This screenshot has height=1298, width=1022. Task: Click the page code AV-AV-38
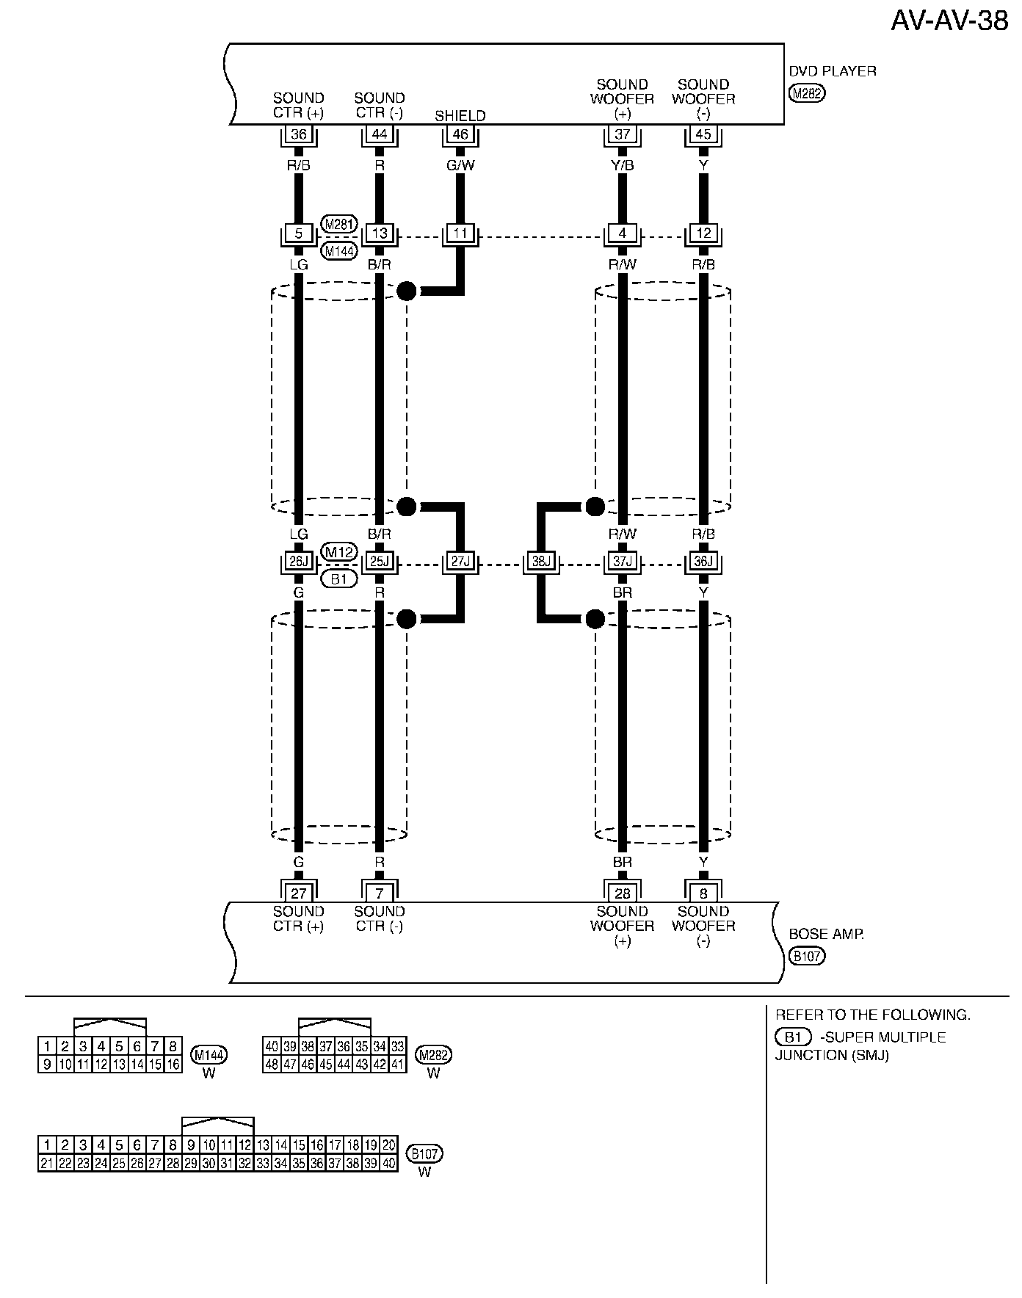[949, 21]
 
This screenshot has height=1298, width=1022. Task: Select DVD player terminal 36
[298, 134]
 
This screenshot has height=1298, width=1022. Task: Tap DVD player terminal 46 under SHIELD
[460, 134]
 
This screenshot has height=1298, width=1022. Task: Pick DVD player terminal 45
[703, 134]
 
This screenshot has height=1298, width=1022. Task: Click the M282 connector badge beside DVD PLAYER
[807, 93]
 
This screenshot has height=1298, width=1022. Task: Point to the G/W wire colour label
[460, 165]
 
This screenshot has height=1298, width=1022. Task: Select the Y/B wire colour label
[622, 165]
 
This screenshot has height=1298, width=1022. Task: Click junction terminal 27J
[460, 562]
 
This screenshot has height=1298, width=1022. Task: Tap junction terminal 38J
[541, 562]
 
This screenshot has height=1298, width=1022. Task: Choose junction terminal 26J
[298, 562]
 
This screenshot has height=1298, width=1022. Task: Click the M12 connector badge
[339, 551]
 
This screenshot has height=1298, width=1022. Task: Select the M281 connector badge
[339, 224]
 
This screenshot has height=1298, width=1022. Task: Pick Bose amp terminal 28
[622, 893]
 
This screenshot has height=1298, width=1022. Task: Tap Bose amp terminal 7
[379, 893]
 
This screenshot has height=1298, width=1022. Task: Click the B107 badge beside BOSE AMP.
[807, 956]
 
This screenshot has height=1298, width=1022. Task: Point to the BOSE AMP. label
[826, 935]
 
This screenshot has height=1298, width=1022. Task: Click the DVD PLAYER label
[833, 71]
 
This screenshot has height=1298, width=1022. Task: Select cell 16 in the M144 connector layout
[173, 1064]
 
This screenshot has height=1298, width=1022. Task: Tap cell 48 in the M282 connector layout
[272, 1064]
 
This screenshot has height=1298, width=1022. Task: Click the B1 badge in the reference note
[793, 1037]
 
